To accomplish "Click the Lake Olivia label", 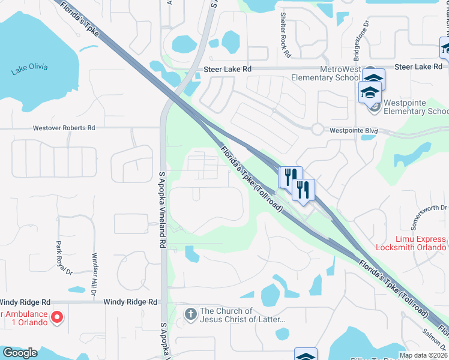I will click(29, 69).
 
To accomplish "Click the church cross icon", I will click(190, 314).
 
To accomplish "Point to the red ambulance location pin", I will click(56, 317).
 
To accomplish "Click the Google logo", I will click(19, 353).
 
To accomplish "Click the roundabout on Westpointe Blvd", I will click(317, 128).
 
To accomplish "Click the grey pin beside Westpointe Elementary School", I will click(375, 107).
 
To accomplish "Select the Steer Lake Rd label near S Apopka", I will click(227, 70).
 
